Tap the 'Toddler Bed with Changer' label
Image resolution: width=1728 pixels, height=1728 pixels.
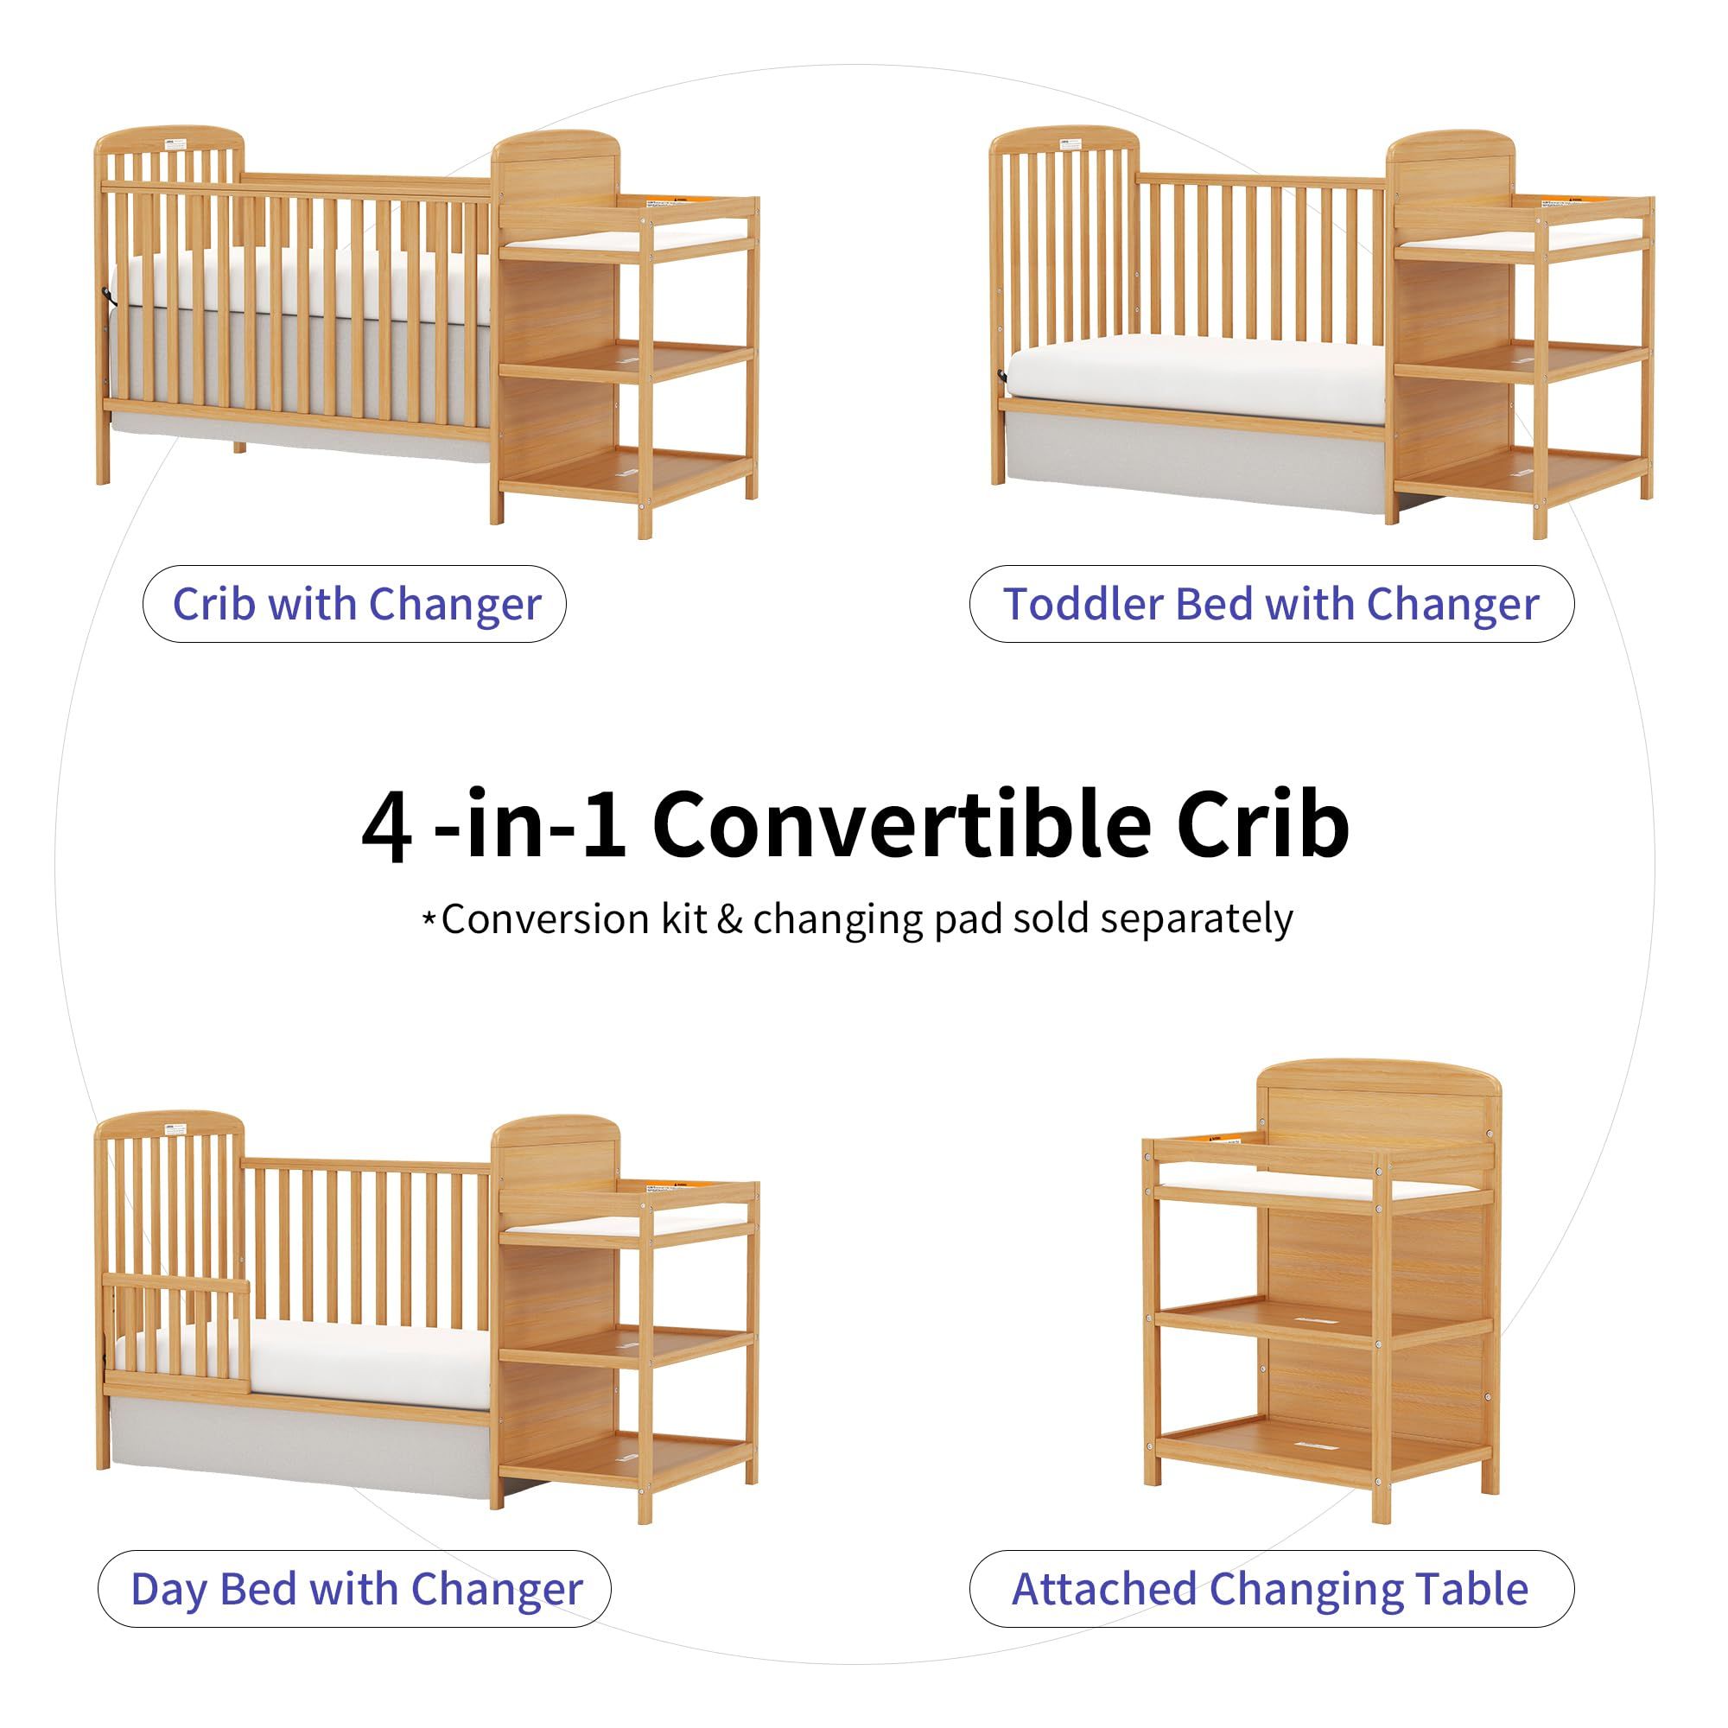click(1271, 605)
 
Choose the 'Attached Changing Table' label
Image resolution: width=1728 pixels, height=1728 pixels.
click(1271, 1590)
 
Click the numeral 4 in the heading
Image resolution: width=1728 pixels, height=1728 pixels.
click(387, 824)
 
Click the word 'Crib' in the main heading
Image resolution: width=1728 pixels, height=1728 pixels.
click(1262, 823)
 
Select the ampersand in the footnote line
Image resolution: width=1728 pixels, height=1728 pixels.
click(730, 919)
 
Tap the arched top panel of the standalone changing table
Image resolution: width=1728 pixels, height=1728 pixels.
click(1378, 1101)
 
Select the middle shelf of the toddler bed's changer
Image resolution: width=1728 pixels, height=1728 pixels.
click(1522, 363)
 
